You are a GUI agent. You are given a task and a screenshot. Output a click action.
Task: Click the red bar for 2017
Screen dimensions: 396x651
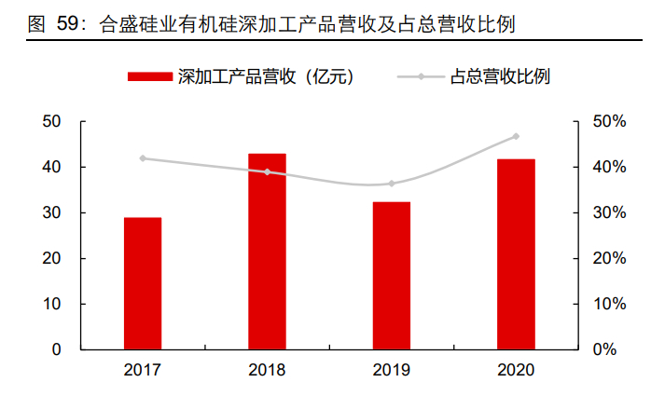click(x=143, y=283)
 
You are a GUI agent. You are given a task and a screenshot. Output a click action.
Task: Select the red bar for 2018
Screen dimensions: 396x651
click(x=267, y=252)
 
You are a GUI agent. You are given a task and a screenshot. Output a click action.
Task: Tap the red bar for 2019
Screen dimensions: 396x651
click(x=391, y=276)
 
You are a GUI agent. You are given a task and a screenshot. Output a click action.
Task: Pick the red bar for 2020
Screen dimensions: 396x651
click(x=516, y=254)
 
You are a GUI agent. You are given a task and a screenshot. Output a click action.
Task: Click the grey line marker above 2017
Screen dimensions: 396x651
click(x=143, y=158)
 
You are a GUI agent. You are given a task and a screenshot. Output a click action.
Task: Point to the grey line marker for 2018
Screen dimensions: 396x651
click(x=267, y=172)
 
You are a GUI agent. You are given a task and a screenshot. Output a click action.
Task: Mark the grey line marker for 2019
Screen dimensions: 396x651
click(x=391, y=184)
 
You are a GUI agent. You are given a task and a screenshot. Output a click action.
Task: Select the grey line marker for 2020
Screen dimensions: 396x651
click(x=516, y=137)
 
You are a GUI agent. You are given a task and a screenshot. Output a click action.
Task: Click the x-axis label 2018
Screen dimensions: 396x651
click(x=267, y=370)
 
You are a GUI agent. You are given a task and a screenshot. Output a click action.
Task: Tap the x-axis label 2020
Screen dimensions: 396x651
click(x=516, y=370)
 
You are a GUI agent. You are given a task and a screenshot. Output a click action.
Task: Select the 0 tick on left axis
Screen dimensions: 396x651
click(x=56, y=350)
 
